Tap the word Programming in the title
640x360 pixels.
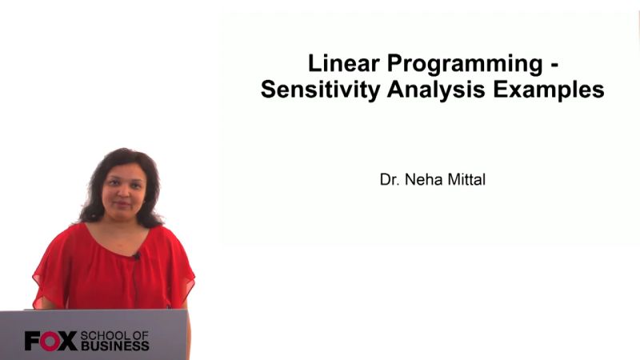pos(464,62)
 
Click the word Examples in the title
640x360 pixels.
pos(548,90)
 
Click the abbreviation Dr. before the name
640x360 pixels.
pos(389,180)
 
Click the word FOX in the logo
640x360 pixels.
pos(50,341)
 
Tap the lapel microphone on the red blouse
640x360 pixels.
pos(137,256)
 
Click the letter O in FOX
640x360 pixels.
pos(50,341)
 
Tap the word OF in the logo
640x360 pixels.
pos(139,335)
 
